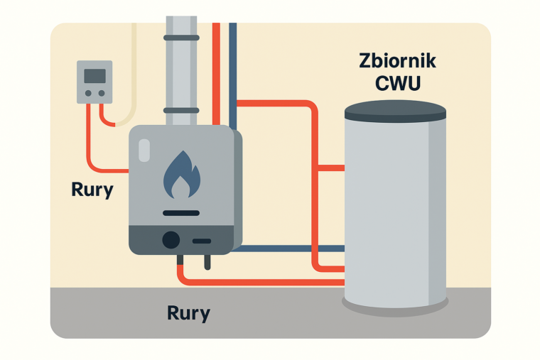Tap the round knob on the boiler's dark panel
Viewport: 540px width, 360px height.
[x=171, y=240]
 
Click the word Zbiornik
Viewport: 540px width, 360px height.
[x=396, y=61]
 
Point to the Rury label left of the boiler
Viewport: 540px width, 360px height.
[x=92, y=190]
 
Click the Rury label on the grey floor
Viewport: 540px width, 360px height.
[x=188, y=312]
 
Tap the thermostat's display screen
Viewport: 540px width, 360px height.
[x=94, y=76]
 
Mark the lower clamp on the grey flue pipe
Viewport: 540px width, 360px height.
[x=182, y=110]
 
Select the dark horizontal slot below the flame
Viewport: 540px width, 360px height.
[x=181, y=212]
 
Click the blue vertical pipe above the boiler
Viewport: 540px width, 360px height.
[x=232, y=71]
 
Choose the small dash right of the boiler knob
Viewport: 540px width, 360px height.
[x=202, y=241]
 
